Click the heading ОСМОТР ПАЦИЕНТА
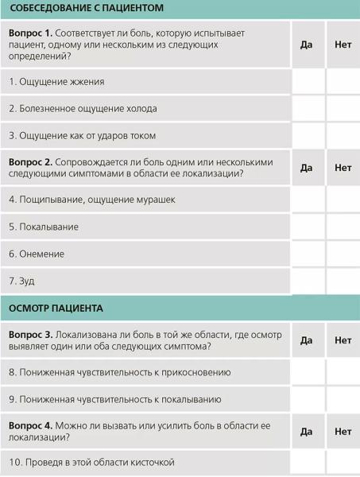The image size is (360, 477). (57, 307)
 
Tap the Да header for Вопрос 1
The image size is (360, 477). (307, 45)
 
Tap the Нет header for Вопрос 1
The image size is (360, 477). (343, 45)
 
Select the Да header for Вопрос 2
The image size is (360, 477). (307, 167)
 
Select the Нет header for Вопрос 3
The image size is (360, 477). (343, 340)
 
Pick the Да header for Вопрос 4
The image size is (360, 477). (307, 432)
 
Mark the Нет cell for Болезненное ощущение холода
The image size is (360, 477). (343, 108)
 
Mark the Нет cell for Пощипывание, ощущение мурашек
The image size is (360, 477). (343, 200)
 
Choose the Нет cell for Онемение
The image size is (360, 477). (343, 254)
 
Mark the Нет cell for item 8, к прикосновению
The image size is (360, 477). (343, 371)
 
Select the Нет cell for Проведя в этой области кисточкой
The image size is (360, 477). (343, 463)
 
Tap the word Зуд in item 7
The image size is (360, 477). (27, 281)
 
